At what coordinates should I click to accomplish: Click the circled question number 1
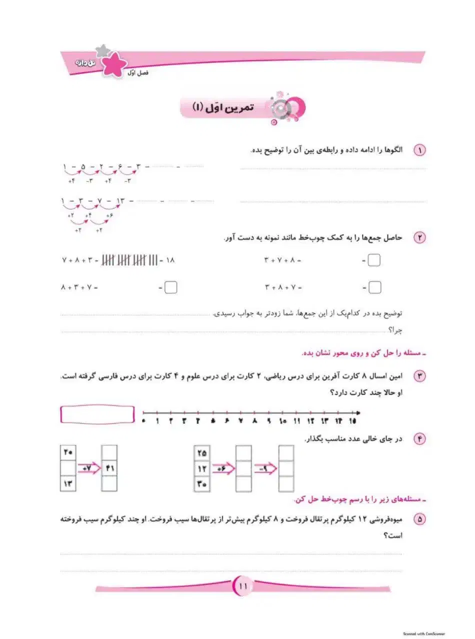click(x=419, y=151)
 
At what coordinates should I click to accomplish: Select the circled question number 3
click(x=419, y=377)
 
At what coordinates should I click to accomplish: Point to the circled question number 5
click(x=419, y=520)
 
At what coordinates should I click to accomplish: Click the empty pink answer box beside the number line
click(x=97, y=414)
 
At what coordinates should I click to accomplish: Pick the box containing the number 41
click(x=109, y=468)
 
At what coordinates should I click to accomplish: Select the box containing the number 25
click(x=201, y=453)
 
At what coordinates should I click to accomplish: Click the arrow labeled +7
click(x=89, y=468)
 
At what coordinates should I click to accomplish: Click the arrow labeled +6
click(x=222, y=468)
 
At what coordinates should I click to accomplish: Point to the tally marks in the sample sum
click(x=129, y=260)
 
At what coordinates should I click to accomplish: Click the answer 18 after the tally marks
click(x=169, y=261)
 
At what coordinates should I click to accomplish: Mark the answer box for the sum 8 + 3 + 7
click(x=171, y=288)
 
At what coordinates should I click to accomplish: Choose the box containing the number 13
click(x=68, y=483)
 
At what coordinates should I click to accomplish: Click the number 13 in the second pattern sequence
click(x=120, y=201)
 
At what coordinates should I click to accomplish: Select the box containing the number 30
click(x=201, y=483)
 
